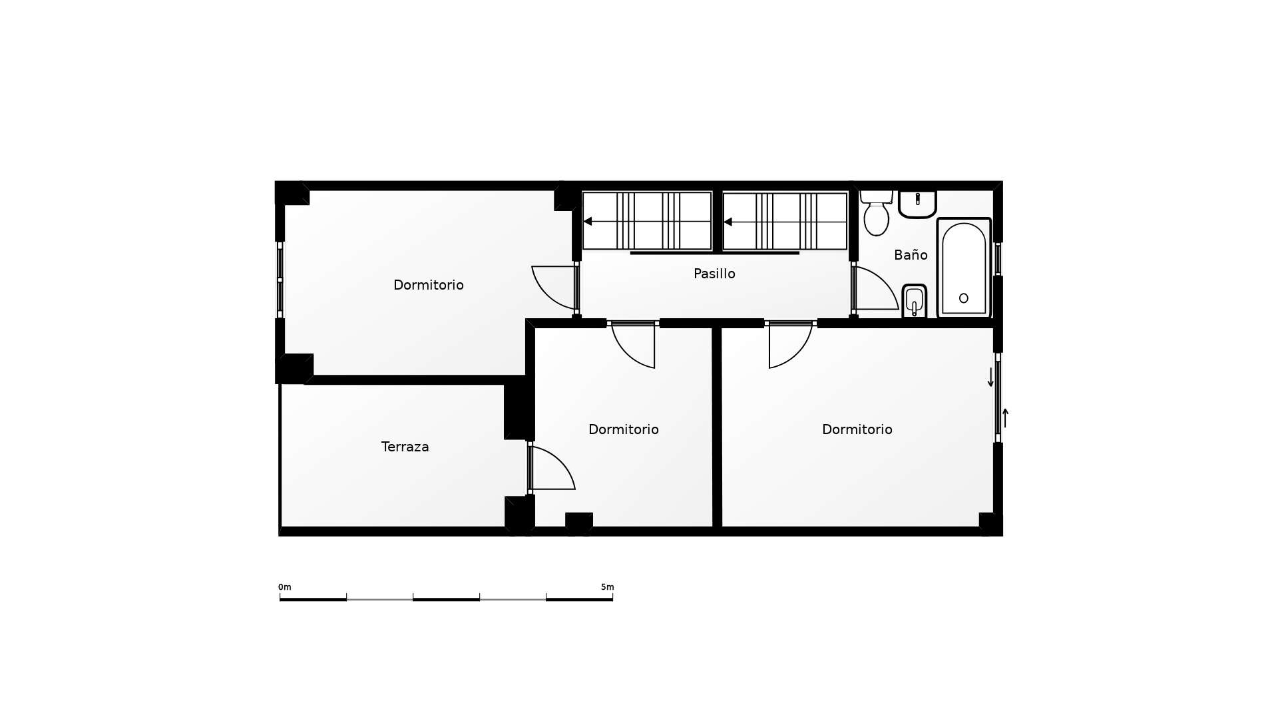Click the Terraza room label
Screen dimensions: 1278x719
(x=405, y=447)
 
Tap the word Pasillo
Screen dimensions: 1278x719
(x=714, y=274)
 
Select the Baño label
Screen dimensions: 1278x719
(x=911, y=254)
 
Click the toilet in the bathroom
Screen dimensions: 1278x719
(x=876, y=213)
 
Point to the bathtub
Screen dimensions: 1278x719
(x=964, y=268)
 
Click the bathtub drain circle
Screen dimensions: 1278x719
(x=964, y=298)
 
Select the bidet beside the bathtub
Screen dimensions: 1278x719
(x=914, y=302)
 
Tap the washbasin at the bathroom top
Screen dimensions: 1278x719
(x=917, y=204)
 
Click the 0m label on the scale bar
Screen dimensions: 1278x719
(x=285, y=587)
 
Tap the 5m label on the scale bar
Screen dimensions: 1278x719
(x=607, y=587)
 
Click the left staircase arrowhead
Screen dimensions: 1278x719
(x=588, y=222)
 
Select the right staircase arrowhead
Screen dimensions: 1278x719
(x=728, y=222)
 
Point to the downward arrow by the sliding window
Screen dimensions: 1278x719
(x=990, y=377)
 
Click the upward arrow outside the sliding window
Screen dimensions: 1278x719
(x=1006, y=418)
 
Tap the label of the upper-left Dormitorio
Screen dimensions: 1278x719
(x=429, y=285)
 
